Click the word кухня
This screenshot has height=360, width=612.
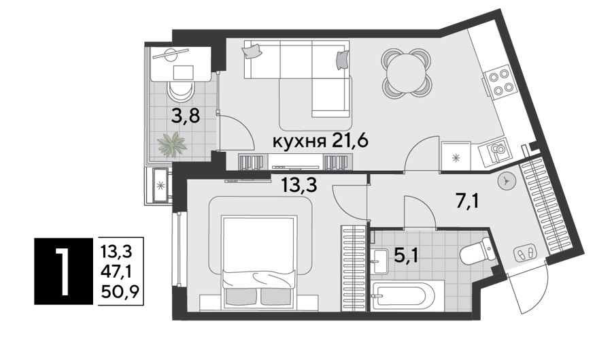tap(299, 141)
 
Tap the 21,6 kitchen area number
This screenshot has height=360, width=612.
tap(350, 140)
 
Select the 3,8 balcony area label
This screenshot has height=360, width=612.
tap(186, 116)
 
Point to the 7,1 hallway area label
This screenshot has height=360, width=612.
tap(467, 201)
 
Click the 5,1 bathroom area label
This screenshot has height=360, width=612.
tap(407, 256)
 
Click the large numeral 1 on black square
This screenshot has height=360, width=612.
tap(63, 272)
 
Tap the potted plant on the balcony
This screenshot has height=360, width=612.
tap(172, 144)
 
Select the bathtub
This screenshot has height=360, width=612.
tap(407, 295)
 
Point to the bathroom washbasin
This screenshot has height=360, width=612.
tap(379, 261)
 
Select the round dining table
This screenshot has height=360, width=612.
tap(407, 73)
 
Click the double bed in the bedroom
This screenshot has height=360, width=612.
tap(258, 260)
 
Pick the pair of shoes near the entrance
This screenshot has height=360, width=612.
tap(526, 255)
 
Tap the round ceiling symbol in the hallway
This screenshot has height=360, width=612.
tap(507, 181)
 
